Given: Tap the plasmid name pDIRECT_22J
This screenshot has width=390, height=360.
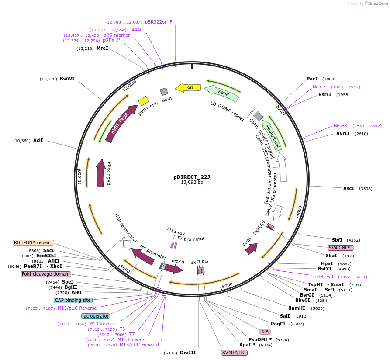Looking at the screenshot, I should pos(192,177).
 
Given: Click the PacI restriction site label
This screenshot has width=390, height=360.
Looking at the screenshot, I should pos(312,79).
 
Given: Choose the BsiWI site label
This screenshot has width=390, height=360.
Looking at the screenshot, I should pos(67,79).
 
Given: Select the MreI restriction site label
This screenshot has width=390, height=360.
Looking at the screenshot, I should pos(102,48).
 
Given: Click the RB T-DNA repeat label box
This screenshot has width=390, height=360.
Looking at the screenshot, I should pos(33,242).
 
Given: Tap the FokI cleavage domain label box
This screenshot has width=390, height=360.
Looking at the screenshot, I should pos(42,274).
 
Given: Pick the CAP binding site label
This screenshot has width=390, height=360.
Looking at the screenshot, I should pos(73,300).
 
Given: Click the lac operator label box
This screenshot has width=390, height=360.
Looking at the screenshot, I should pos(95,316).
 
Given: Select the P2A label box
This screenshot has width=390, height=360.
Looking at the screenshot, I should pos(265,332).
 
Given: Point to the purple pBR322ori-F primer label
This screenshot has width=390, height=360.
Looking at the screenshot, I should pos(159,22).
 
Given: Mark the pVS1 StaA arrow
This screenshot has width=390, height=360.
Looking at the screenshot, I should pos(101,174).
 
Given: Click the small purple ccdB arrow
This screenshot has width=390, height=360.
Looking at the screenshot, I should pos(251,249).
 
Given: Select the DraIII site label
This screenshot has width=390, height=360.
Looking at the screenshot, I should pos(188,353).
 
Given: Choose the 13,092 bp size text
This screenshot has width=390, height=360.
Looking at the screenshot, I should pos(192,182).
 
